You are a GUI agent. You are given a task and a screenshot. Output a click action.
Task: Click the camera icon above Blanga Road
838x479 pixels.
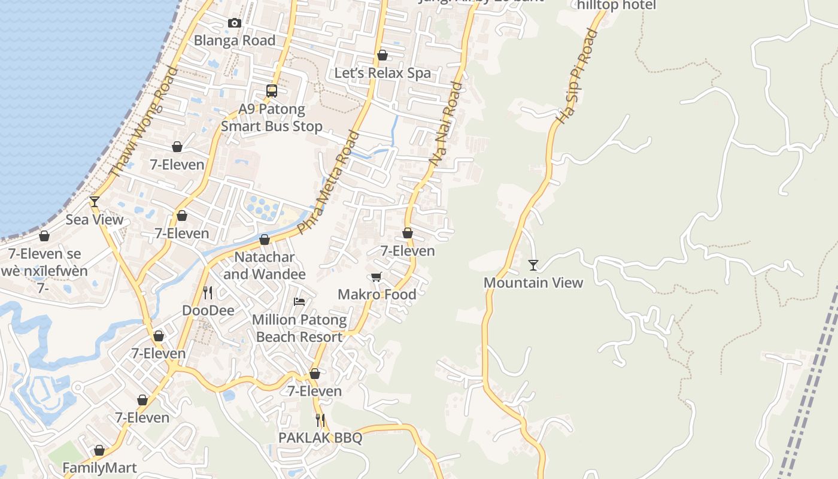click(235, 23)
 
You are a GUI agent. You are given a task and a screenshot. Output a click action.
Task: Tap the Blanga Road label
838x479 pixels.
click(235, 41)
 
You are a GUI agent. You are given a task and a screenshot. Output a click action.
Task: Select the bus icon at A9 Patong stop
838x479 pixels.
click(272, 91)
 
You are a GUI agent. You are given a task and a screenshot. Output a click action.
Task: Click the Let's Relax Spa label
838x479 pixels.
click(382, 73)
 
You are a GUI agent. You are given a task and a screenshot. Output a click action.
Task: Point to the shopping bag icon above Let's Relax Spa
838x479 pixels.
click(382, 56)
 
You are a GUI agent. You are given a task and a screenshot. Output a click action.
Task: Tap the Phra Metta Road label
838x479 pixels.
click(329, 182)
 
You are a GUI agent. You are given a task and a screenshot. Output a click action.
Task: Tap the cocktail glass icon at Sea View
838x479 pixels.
click(94, 202)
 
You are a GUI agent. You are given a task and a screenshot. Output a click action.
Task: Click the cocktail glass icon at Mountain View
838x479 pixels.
click(533, 265)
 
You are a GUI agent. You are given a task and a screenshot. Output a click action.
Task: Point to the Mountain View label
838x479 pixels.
click(533, 283)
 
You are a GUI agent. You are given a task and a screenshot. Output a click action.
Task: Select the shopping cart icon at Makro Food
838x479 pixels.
click(377, 277)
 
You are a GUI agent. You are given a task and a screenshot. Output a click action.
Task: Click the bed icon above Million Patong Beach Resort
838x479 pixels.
click(299, 301)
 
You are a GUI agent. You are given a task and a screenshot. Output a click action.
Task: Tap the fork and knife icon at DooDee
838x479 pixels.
click(208, 292)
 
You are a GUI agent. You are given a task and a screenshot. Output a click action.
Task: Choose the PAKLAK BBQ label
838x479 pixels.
click(320, 438)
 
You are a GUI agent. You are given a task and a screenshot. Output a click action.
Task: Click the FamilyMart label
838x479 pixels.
click(99, 468)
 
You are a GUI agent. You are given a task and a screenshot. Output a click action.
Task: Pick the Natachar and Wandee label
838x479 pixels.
click(265, 266)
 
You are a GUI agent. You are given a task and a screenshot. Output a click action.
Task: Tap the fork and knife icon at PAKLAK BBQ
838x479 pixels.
click(320, 420)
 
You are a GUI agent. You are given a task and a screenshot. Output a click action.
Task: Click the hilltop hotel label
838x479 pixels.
click(617, 5)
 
